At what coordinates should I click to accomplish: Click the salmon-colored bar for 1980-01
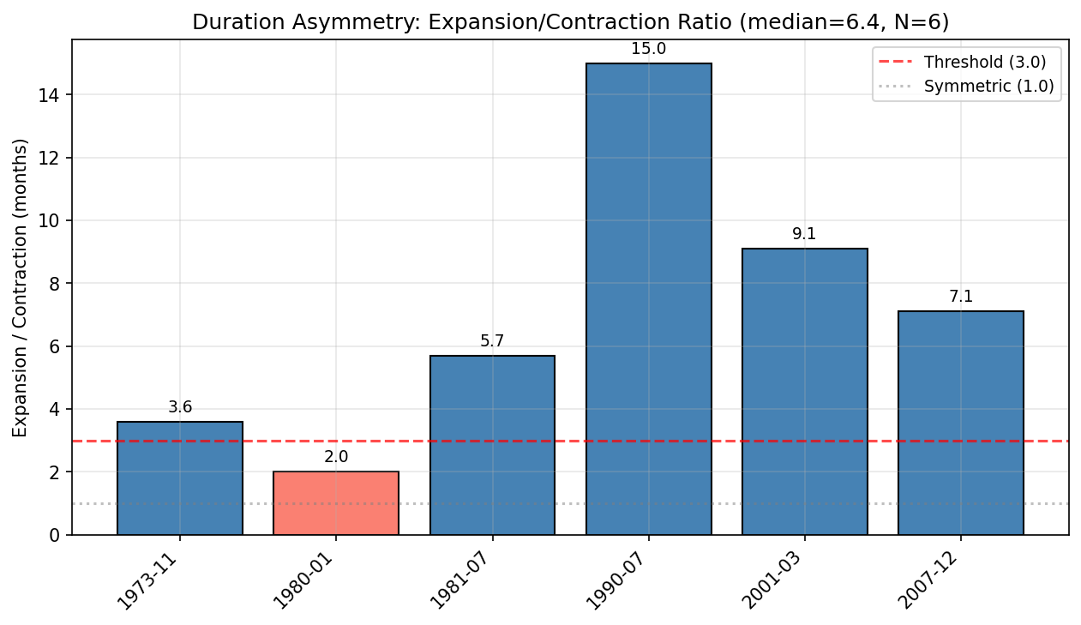coord(336,503)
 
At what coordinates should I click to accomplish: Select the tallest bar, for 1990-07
coord(648,299)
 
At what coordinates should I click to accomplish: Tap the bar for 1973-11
coord(180,478)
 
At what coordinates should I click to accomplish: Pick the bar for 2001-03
coord(804,392)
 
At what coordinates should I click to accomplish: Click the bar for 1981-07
coord(492,445)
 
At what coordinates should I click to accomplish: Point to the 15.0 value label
coord(648,49)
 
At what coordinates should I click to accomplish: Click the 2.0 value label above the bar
coord(336,457)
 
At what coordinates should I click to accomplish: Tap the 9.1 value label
coord(804,234)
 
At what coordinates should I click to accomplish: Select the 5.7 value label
coord(492,341)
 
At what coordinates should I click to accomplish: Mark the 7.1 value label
coord(960,297)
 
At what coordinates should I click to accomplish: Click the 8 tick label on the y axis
coord(55,284)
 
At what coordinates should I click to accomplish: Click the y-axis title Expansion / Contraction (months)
coord(20,287)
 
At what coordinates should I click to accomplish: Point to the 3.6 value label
coord(180,407)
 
